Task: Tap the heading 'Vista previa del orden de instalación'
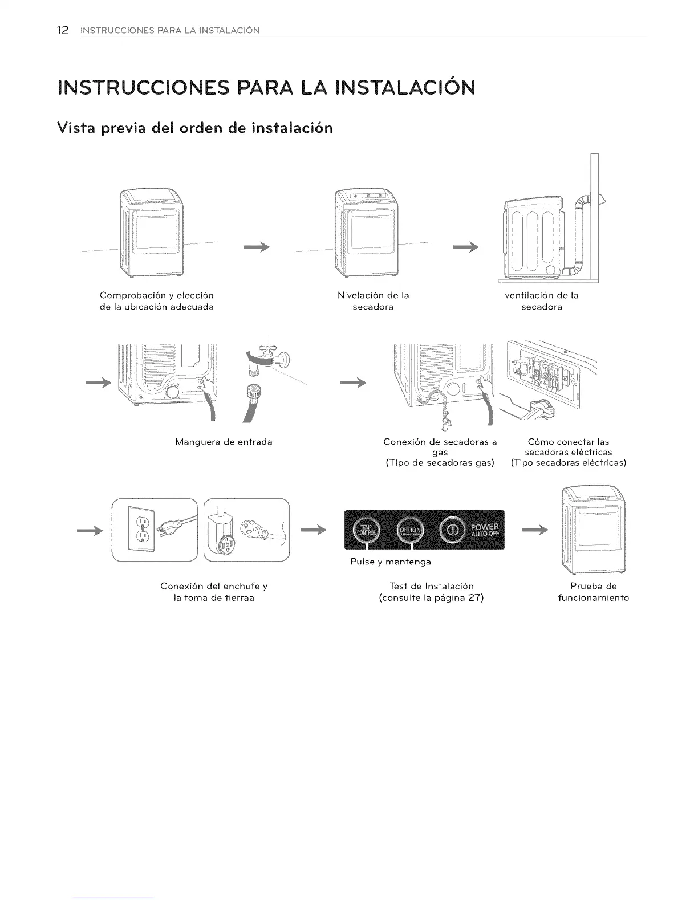[195, 128]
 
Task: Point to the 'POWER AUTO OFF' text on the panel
[484, 530]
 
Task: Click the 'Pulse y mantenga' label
[390, 562]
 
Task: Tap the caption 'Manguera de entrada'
[224, 441]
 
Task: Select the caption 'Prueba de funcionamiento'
[593, 592]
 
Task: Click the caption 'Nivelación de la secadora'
[373, 301]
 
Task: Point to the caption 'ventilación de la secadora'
[542, 301]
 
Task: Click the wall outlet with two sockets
[140, 530]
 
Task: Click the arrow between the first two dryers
[256, 246]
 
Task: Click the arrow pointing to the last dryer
[535, 530]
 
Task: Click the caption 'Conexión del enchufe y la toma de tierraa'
[214, 592]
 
